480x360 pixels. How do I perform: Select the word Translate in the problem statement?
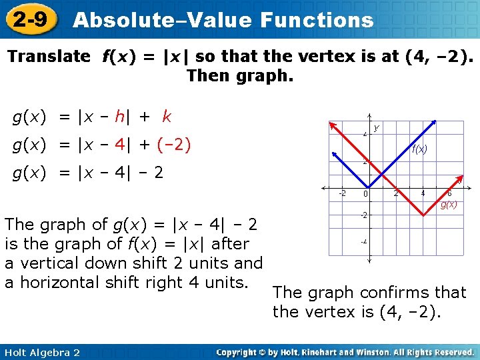pos(48,57)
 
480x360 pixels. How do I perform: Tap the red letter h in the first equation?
pos(119,117)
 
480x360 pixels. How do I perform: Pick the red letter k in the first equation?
pos(167,117)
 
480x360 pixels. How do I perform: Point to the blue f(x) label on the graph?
pos(419,149)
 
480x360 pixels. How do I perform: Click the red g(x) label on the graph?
pos(449,205)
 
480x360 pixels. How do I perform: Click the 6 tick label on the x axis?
pos(449,193)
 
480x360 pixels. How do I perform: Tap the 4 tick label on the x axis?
pos(421,194)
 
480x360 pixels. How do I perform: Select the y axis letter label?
pos(377,127)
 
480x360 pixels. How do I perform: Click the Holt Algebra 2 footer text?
pos(41,352)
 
